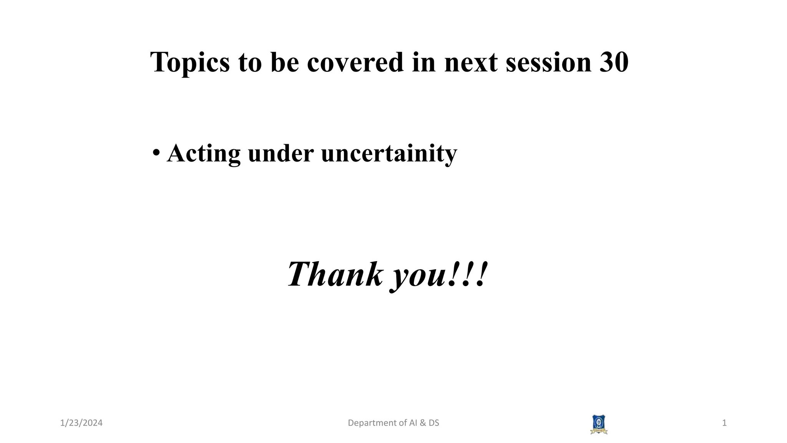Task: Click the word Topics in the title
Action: click(x=190, y=62)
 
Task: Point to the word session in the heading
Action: click(x=548, y=62)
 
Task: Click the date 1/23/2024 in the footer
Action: click(x=81, y=423)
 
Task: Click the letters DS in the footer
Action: click(x=434, y=423)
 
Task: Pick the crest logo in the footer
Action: click(x=599, y=424)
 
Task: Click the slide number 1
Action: click(x=724, y=423)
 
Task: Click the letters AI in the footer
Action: click(x=413, y=423)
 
